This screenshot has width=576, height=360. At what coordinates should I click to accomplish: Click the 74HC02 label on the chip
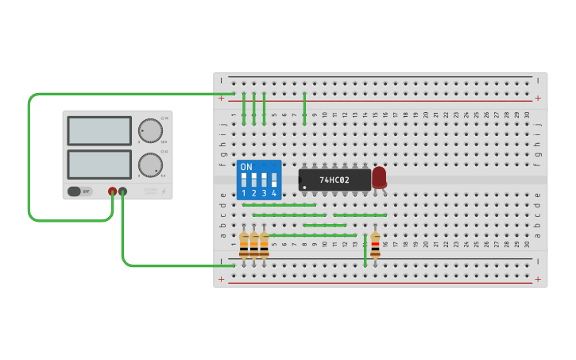tap(335, 180)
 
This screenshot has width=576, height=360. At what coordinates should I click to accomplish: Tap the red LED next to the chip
tap(379, 177)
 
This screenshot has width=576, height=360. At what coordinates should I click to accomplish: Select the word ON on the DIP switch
tap(246, 167)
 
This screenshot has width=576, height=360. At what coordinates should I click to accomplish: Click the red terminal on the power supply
tap(112, 192)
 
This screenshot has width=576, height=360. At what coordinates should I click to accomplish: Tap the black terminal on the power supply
tap(122, 192)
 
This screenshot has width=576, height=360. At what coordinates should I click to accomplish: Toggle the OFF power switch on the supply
tap(79, 192)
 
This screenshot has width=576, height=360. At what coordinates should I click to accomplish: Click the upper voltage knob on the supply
tap(149, 130)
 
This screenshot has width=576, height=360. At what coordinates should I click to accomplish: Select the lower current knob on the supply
tap(149, 165)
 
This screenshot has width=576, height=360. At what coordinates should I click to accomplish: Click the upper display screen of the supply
tap(99, 130)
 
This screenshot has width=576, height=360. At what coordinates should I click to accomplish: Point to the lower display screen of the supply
tap(99, 165)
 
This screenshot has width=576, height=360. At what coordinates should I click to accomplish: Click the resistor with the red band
tap(375, 244)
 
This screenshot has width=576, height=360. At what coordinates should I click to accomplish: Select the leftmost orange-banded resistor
tap(244, 244)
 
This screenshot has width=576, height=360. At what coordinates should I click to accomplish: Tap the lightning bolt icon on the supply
tap(164, 192)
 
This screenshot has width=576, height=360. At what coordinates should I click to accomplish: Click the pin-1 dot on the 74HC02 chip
tap(303, 188)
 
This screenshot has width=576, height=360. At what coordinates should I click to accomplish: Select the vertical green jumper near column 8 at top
tap(304, 108)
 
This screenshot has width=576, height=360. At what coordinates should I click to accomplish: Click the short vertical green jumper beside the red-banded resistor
tap(365, 250)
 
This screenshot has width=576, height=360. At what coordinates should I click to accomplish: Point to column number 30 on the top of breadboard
tap(527, 115)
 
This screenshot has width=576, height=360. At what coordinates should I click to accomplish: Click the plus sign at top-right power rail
tap(538, 99)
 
